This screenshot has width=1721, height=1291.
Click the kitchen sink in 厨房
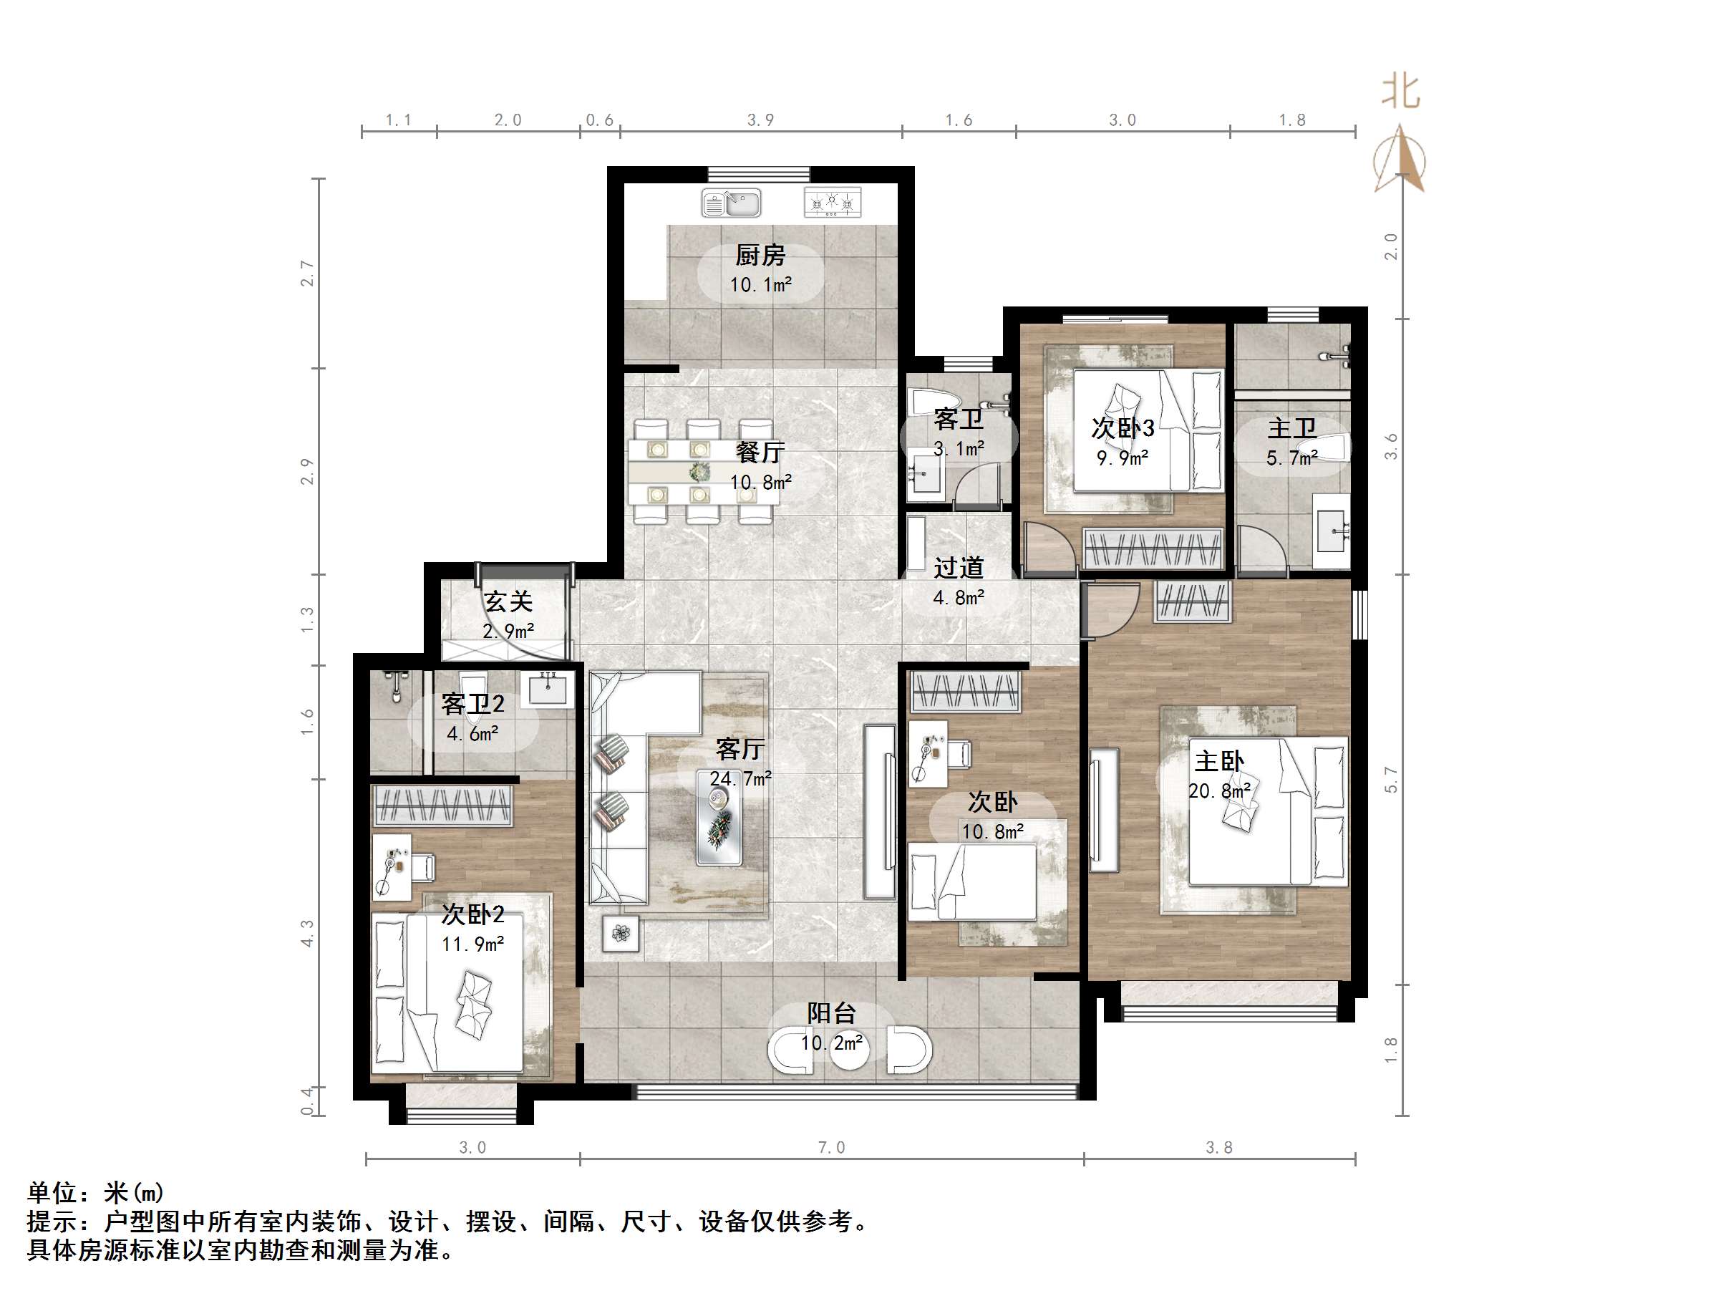(732, 204)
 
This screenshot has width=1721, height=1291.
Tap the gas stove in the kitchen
(833, 203)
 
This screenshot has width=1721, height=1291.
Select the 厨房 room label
(760, 255)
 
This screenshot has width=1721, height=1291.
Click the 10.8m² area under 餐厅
(760, 483)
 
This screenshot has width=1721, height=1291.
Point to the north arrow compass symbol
(1400, 159)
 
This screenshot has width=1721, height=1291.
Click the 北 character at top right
(1400, 91)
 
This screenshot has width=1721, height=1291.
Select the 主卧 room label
(1218, 761)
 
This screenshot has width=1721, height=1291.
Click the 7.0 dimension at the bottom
(831, 1148)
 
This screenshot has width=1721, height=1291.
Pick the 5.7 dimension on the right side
(1391, 780)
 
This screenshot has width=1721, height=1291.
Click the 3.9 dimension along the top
(760, 120)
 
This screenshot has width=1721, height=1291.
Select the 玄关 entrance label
(508, 601)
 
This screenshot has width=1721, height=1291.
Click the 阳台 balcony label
(831, 1013)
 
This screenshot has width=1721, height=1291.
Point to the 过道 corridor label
(959, 567)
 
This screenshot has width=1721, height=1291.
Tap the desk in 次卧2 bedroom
(392, 867)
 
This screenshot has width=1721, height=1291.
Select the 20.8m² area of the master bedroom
(1219, 791)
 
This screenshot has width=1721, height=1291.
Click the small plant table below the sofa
(621, 934)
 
